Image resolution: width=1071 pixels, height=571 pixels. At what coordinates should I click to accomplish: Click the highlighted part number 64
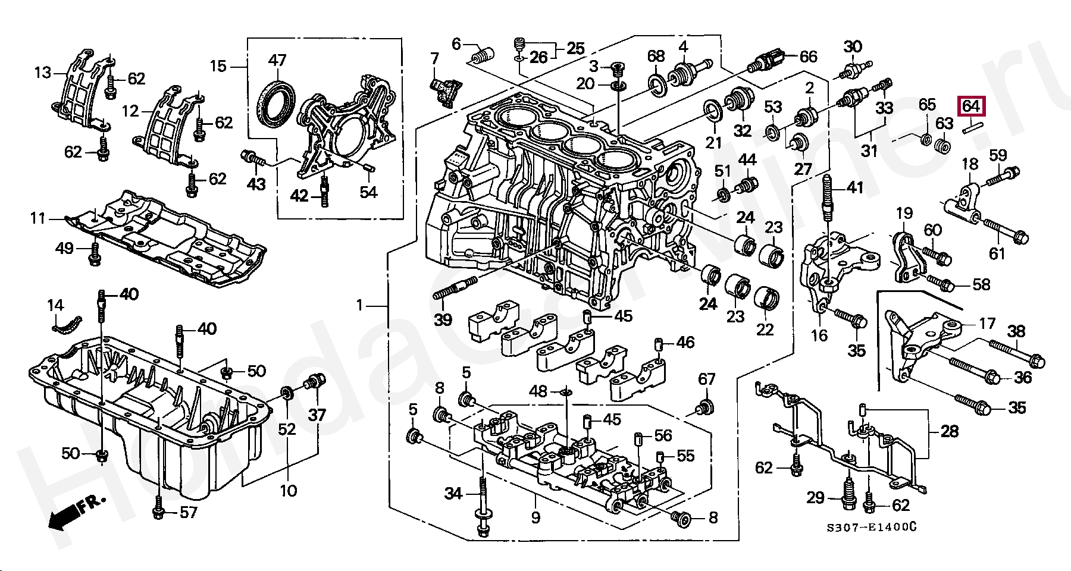coord(970,106)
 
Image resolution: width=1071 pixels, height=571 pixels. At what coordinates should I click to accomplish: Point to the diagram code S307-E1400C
coord(870,528)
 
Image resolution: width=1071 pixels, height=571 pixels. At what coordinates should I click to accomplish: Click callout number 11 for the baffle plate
coord(38,219)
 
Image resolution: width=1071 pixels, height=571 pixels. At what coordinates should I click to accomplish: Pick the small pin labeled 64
coord(973,126)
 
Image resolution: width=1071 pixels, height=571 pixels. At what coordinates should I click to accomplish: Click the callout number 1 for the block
coord(359,306)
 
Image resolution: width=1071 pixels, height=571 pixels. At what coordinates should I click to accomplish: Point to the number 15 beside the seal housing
coord(218,66)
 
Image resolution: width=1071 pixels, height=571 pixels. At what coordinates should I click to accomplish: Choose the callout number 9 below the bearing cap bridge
coord(535,517)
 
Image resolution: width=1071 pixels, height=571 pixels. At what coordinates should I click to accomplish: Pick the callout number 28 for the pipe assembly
coord(950,431)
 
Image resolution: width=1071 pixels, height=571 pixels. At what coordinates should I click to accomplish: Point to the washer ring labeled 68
coord(657,84)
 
